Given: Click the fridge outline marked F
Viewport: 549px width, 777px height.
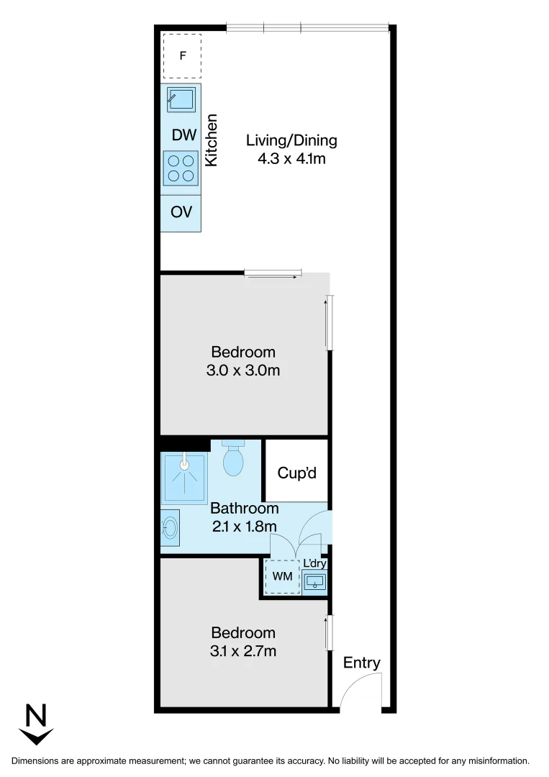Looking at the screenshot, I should (182, 55).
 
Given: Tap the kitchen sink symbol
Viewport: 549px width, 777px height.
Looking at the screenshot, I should (181, 99).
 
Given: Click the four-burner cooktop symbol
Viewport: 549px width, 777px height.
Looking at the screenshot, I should (181, 168).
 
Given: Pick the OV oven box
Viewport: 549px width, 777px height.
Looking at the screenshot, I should (181, 213).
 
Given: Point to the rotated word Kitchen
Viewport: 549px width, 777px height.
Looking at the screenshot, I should (212, 140).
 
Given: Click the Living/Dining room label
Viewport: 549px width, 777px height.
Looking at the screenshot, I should (291, 140).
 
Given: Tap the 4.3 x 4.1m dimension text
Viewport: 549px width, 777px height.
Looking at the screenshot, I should (291, 159).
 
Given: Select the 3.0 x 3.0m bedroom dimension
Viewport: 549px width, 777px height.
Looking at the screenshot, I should (244, 371).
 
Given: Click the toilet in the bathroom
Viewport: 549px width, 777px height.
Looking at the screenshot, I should (234, 458).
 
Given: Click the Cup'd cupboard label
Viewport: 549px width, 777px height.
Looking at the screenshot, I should (296, 474).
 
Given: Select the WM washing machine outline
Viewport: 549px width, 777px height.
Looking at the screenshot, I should (282, 576).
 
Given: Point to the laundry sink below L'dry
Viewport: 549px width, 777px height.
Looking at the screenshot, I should (315, 580).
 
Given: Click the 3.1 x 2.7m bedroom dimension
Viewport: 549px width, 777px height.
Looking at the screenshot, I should (244, 651).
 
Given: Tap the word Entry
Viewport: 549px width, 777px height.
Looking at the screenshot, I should (361, 663).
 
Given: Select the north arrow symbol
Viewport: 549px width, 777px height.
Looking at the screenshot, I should (37, 724).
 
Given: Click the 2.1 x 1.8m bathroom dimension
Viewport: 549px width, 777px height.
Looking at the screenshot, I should (244, 526).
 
